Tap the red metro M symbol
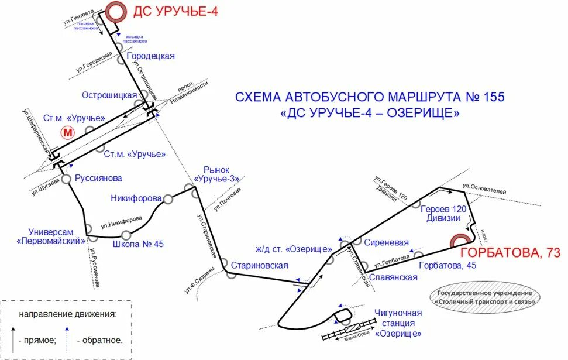pos(68,132)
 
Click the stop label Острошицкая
pos(109,95)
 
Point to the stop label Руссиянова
pos(98,178)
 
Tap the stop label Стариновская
pos(260,265)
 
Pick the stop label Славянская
pos(394,277)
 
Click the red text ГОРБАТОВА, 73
pos(511,253)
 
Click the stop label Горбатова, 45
pos(449,266)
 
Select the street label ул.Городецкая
pos(94,63)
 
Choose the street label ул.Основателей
pos(484,189)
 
